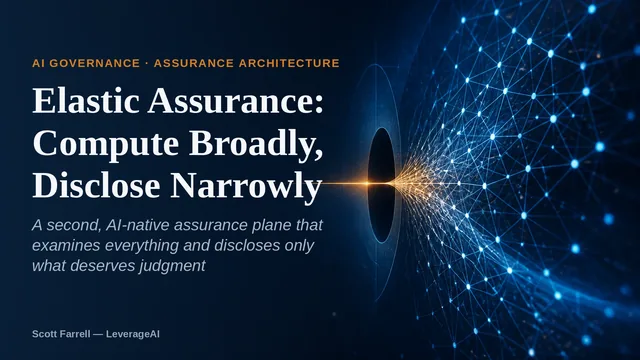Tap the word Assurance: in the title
pyautogui.click(x=236, y=100)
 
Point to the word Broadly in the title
pyautogui.click(x=256, y=143)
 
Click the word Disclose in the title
pyautogui.click(x=96, y=185)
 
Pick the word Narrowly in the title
pyautogui.click(x=246, y=187)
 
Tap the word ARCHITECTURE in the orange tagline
pyautogui.click(x=289, y=63)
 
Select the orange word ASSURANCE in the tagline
pyautogui.click(x=194, y=63)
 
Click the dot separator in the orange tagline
pyautogui.click(x=147, y=63)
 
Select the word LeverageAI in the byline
pyautogui.click(x=133, y=334)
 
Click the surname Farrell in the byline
pyautogui.click(x=74, y=334)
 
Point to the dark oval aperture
pyautogui.click(x=382, y=185)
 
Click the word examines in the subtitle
pyautogui.click(x=67, y=245)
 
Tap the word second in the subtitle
pyautogui.click(x=73, y=225)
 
